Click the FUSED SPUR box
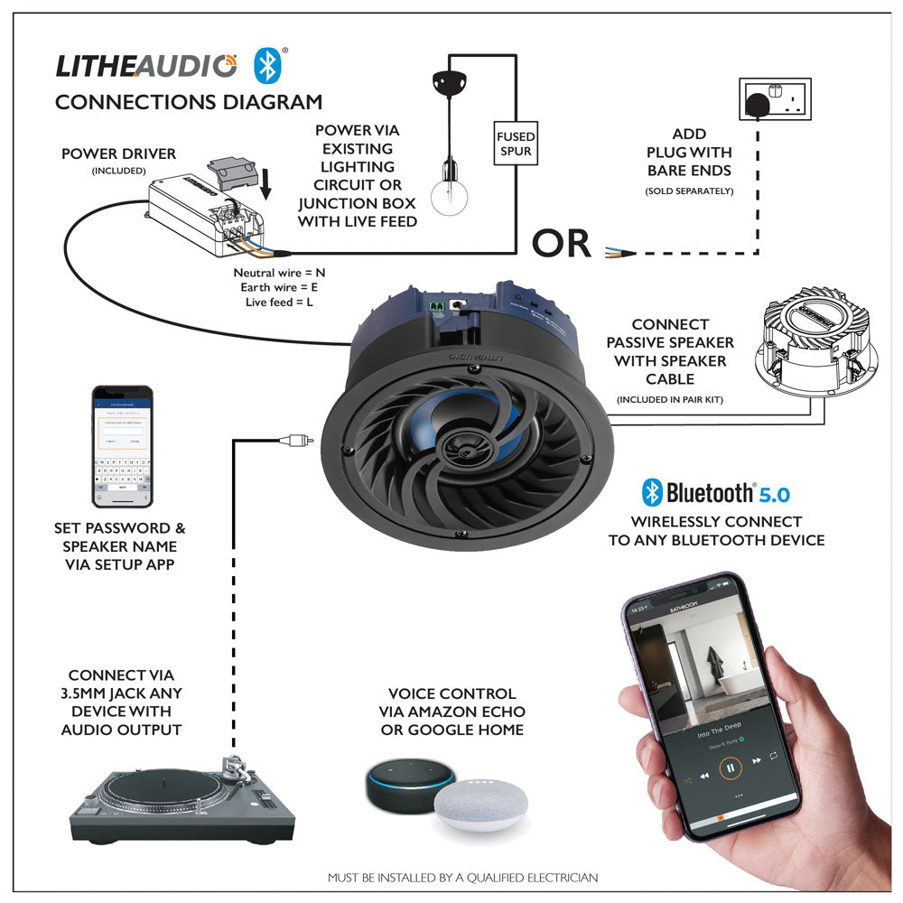[516, 144]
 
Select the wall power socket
[776, 98]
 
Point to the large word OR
[561, 244]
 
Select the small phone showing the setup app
[122, 447]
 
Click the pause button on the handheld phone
[730, 768]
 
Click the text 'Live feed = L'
[279, 302]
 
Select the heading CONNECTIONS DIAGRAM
[189, 102]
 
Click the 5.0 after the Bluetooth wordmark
[774, 494]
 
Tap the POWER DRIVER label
[118, 154]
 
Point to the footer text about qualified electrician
[461, 877]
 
